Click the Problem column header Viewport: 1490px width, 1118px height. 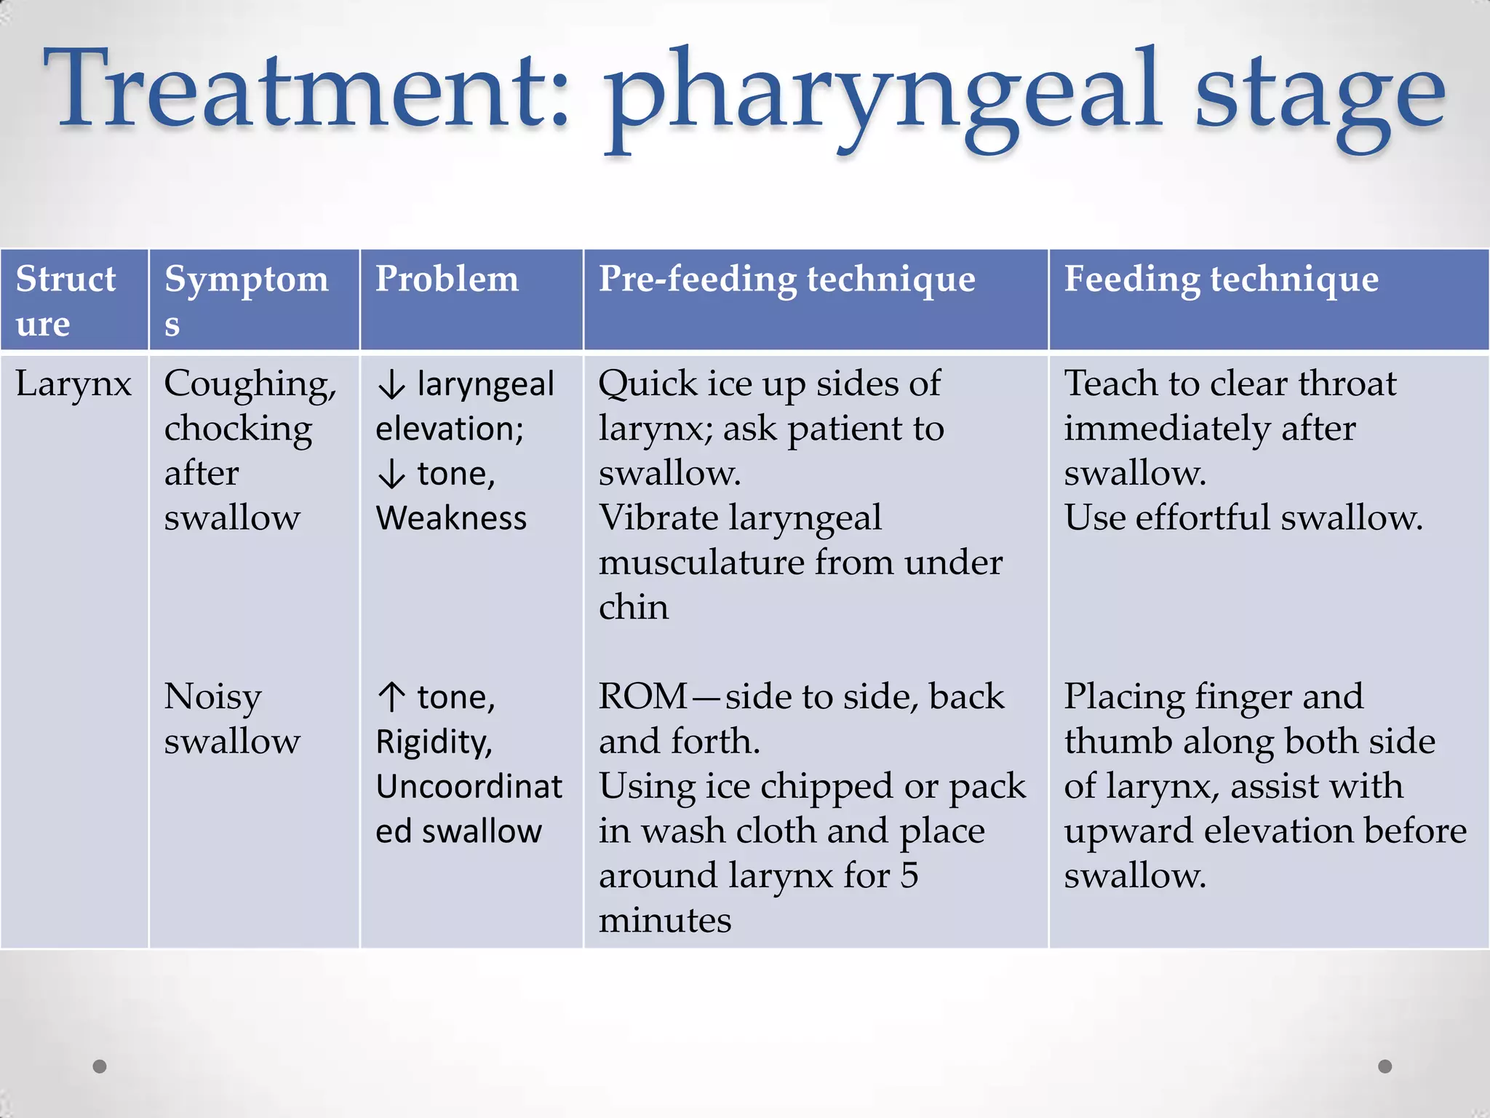pos(447,279)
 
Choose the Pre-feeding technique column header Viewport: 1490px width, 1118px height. pos(786,279)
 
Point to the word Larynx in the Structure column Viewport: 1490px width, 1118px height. pos(73,384)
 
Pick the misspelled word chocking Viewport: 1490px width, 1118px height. pos(238,429)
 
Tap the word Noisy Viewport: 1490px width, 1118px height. pos(212,697)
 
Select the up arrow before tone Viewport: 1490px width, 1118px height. pos(391,697)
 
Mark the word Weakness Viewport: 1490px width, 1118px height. pos(451,518)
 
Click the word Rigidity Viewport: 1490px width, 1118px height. pos(434,742)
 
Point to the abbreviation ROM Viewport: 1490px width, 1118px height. pos(642,697)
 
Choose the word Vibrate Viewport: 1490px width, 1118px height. pos(658,518)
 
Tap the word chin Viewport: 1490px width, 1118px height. pos(633,607)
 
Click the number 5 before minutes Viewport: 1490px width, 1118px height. pos(909,875)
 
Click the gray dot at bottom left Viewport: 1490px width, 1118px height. pos(100,1066)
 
